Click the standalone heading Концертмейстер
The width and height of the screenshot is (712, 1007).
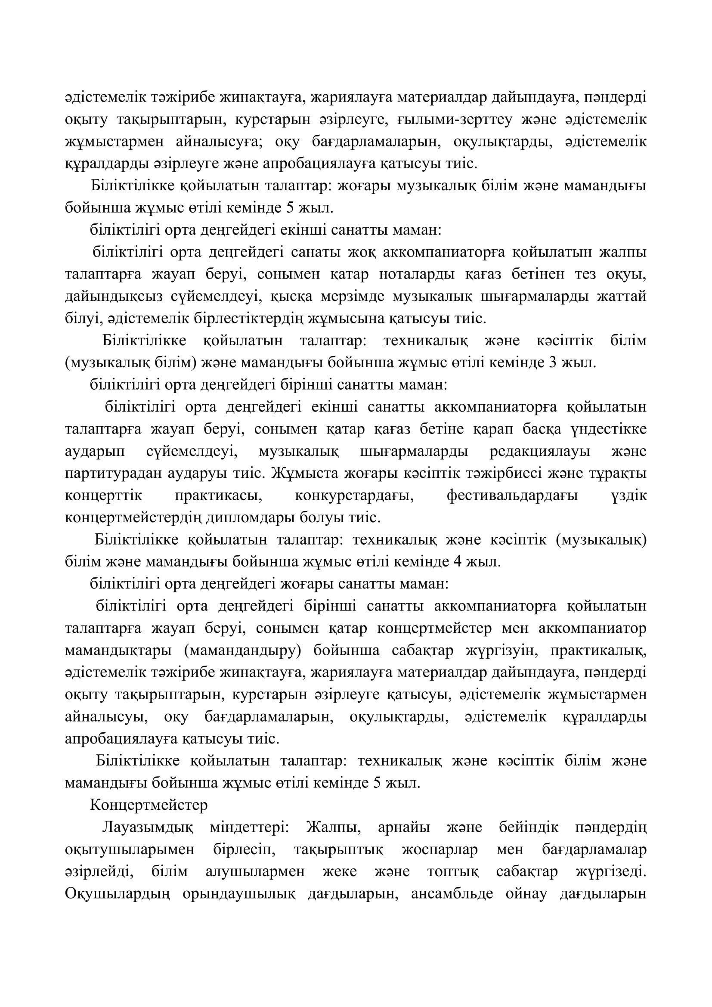(149, 805)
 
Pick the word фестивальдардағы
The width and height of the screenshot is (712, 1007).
(512, 496)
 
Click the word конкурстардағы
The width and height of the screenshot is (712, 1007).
(355, 496)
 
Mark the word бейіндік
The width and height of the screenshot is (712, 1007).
(529, 827)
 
